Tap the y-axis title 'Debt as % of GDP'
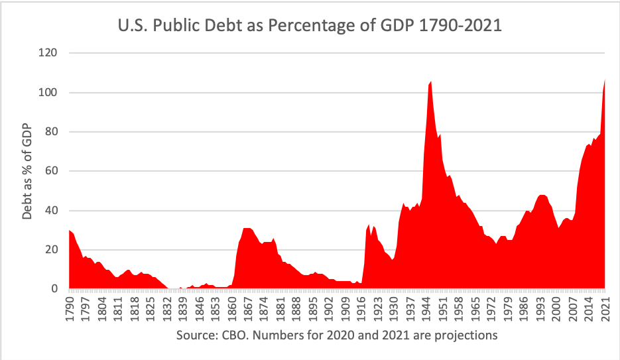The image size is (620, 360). (27, 170)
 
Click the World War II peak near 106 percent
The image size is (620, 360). (430, 82)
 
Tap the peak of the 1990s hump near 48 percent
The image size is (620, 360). (542, 196)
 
